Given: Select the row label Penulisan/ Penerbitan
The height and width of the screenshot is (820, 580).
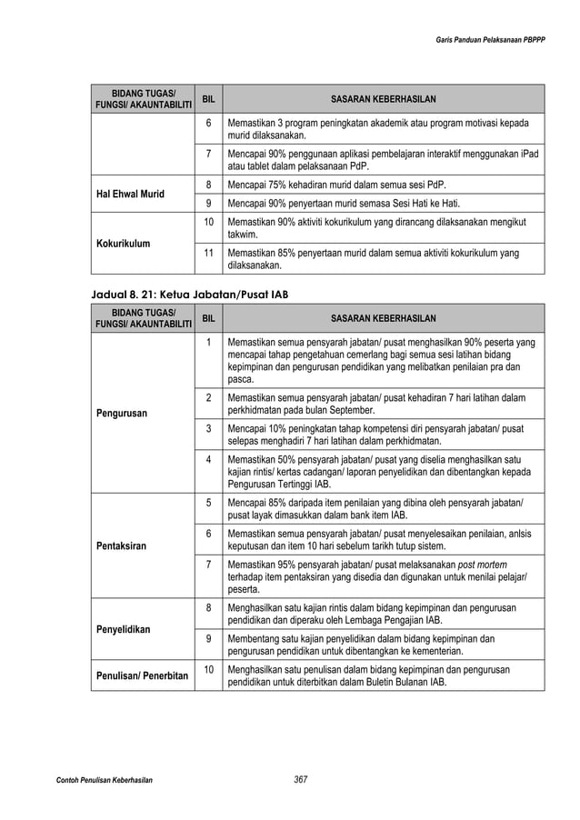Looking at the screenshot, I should coord(141,675).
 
